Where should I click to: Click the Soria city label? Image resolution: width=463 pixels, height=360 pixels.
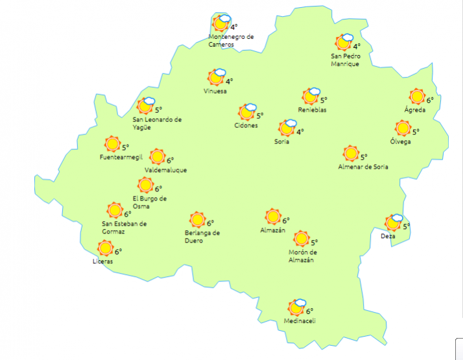[281, 141]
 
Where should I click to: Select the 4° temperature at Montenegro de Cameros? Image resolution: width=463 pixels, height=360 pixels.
[233, 27]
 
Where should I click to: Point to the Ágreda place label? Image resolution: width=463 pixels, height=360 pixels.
[415, 110]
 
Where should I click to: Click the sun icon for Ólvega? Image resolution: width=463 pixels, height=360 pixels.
[403, 128]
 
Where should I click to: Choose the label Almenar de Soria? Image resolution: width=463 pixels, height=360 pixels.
[363, 167]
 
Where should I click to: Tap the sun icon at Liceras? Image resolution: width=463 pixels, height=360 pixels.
[105, 248]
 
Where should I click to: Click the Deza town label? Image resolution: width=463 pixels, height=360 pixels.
[388, 236]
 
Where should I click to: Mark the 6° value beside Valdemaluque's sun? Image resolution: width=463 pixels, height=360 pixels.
[170, 160]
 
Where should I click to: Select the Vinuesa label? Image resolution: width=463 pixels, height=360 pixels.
[215, 91]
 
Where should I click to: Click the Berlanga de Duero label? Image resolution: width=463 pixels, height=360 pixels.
[202, 236]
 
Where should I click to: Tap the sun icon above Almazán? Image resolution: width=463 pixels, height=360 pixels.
[273, 216]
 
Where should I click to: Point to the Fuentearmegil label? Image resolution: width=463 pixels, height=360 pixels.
[121, 158]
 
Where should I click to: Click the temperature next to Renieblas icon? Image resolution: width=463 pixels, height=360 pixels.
[324, 100]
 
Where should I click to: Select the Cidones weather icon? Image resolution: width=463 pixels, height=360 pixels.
[248, 112]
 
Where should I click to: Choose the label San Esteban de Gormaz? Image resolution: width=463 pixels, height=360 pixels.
[125, 228]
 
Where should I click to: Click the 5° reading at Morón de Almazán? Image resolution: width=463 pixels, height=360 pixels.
[314, 243]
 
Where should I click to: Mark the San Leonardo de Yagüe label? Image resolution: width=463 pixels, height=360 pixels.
[157, 123]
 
